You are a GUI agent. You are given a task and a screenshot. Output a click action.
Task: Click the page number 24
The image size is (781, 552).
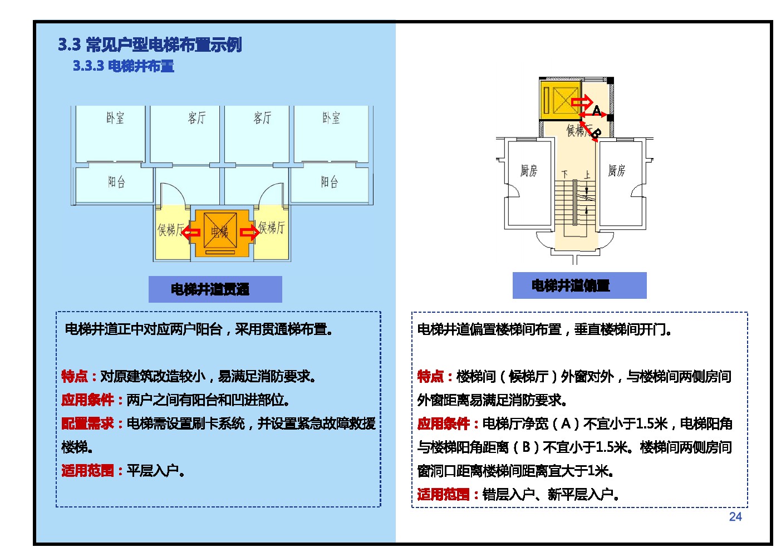point(735,516)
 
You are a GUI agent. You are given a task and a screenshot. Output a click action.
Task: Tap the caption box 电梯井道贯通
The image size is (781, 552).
point(215,289)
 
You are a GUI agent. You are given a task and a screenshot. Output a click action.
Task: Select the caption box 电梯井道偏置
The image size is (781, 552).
point(579,285)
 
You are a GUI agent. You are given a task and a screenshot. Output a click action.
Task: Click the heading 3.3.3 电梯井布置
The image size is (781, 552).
point(123,66)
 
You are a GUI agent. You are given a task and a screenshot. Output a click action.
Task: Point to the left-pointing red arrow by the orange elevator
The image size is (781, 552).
point(191,233)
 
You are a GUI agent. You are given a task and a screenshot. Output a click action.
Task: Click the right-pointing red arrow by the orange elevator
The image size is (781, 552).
point(249,232)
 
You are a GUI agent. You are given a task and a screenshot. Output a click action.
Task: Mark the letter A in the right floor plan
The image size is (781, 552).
point(596,111)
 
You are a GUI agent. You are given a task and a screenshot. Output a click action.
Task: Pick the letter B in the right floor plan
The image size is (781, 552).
point(597,134)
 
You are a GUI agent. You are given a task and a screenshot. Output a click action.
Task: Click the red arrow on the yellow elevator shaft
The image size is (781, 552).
point(582,102)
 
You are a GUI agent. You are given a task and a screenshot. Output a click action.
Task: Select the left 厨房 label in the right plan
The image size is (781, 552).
point(529,171)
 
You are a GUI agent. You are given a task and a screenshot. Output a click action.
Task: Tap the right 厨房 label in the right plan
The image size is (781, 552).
point(616,171)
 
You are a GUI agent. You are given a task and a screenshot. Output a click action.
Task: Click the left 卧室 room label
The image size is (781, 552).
point(115,118)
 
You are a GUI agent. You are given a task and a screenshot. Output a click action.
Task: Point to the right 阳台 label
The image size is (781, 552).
point(330,181)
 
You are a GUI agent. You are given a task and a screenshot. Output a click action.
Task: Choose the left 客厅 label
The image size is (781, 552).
point(197,118)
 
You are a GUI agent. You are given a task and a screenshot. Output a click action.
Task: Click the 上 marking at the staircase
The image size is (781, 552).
point(587,175)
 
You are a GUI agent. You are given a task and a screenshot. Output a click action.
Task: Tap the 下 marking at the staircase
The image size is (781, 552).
point(565,174)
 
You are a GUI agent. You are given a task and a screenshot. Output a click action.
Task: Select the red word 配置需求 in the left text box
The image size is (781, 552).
point(87,423)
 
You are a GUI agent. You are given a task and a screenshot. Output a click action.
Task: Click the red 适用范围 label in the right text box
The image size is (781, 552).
point(444,495)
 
